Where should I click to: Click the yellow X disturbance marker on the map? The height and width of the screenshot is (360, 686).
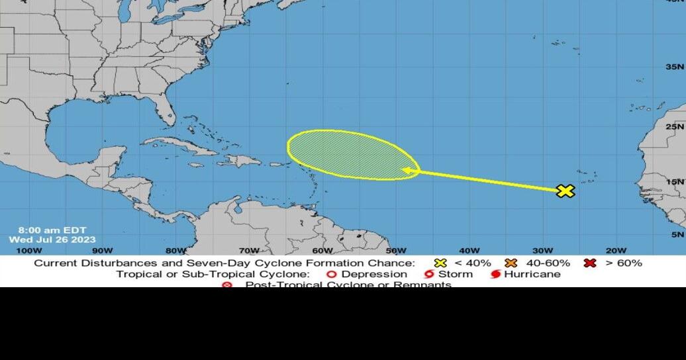(x=565, y=191)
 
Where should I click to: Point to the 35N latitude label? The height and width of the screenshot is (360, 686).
(x=675, y=67)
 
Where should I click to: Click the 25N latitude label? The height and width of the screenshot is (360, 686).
(x=675, y=126)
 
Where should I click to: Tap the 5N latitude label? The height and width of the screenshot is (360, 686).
(x=677, y=234)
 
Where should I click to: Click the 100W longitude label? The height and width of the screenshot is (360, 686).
(x=28, y=250)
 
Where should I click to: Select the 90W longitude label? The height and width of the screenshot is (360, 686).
(x=102, y=250)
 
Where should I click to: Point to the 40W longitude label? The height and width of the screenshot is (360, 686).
(x=469, y=250)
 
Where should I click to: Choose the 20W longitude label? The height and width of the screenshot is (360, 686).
(x=615, y=250)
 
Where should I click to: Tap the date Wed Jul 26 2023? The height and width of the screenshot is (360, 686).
(x=52, y=240)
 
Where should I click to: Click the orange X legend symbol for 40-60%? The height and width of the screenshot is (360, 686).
(x=511, y=263)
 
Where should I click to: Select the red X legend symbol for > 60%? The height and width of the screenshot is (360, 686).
(x=590, y=263)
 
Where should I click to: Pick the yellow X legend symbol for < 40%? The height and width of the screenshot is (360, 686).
(x=440, y=263)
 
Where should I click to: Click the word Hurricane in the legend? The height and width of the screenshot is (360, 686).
(x=532, y=274)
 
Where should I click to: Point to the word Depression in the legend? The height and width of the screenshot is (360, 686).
(x=374, y=274)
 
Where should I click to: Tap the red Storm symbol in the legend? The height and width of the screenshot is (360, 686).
(x=429, y=274)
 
